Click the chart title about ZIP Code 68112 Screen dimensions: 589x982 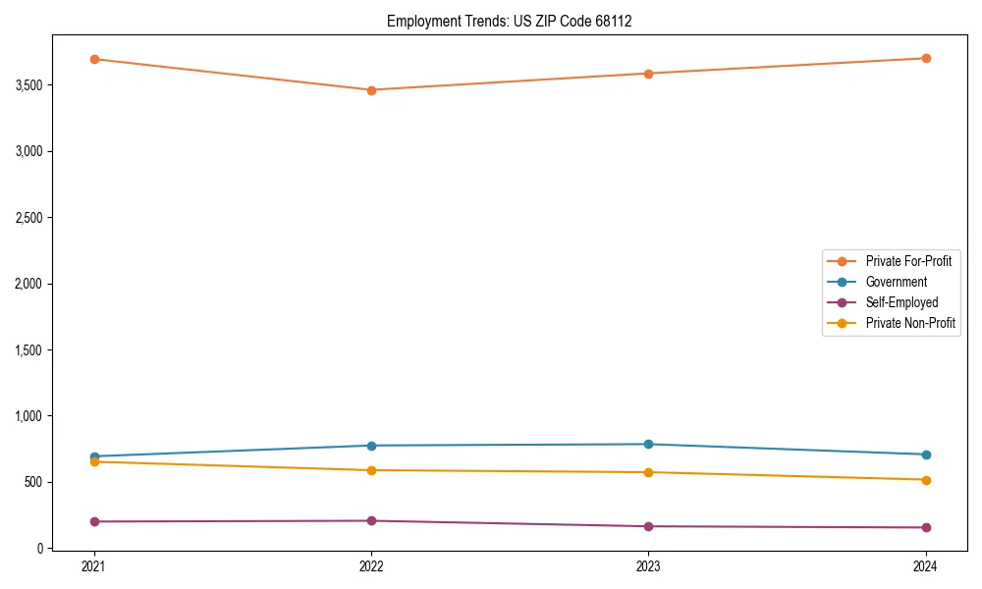point(509,21)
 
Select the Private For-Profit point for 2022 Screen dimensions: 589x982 point(371,90)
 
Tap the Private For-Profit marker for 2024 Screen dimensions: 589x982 point(926,58)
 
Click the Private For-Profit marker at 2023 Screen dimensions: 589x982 point(648,74)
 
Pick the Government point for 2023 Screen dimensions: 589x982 point(648,444)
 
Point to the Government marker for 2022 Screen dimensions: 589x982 point(371,446)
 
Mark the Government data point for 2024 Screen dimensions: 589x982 point(926,455)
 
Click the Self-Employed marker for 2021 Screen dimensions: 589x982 point(94,521)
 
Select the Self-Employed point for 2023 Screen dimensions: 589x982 point(648,526)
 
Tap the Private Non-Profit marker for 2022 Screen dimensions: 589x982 point(371,470)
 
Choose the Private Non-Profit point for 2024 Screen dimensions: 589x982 point(926,480)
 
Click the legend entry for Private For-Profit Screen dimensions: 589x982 point(908,261)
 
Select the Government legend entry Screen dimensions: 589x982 point(896,282)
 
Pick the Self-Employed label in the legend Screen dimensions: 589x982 point(901,302)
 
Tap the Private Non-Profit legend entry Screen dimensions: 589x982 point(910,323)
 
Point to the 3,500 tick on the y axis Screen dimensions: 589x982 point(28,85)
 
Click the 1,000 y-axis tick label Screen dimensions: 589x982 point(28,416)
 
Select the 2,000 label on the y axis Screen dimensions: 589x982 point(28,284)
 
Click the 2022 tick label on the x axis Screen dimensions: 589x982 point(371,566)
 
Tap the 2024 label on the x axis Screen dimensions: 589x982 point(926,566)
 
